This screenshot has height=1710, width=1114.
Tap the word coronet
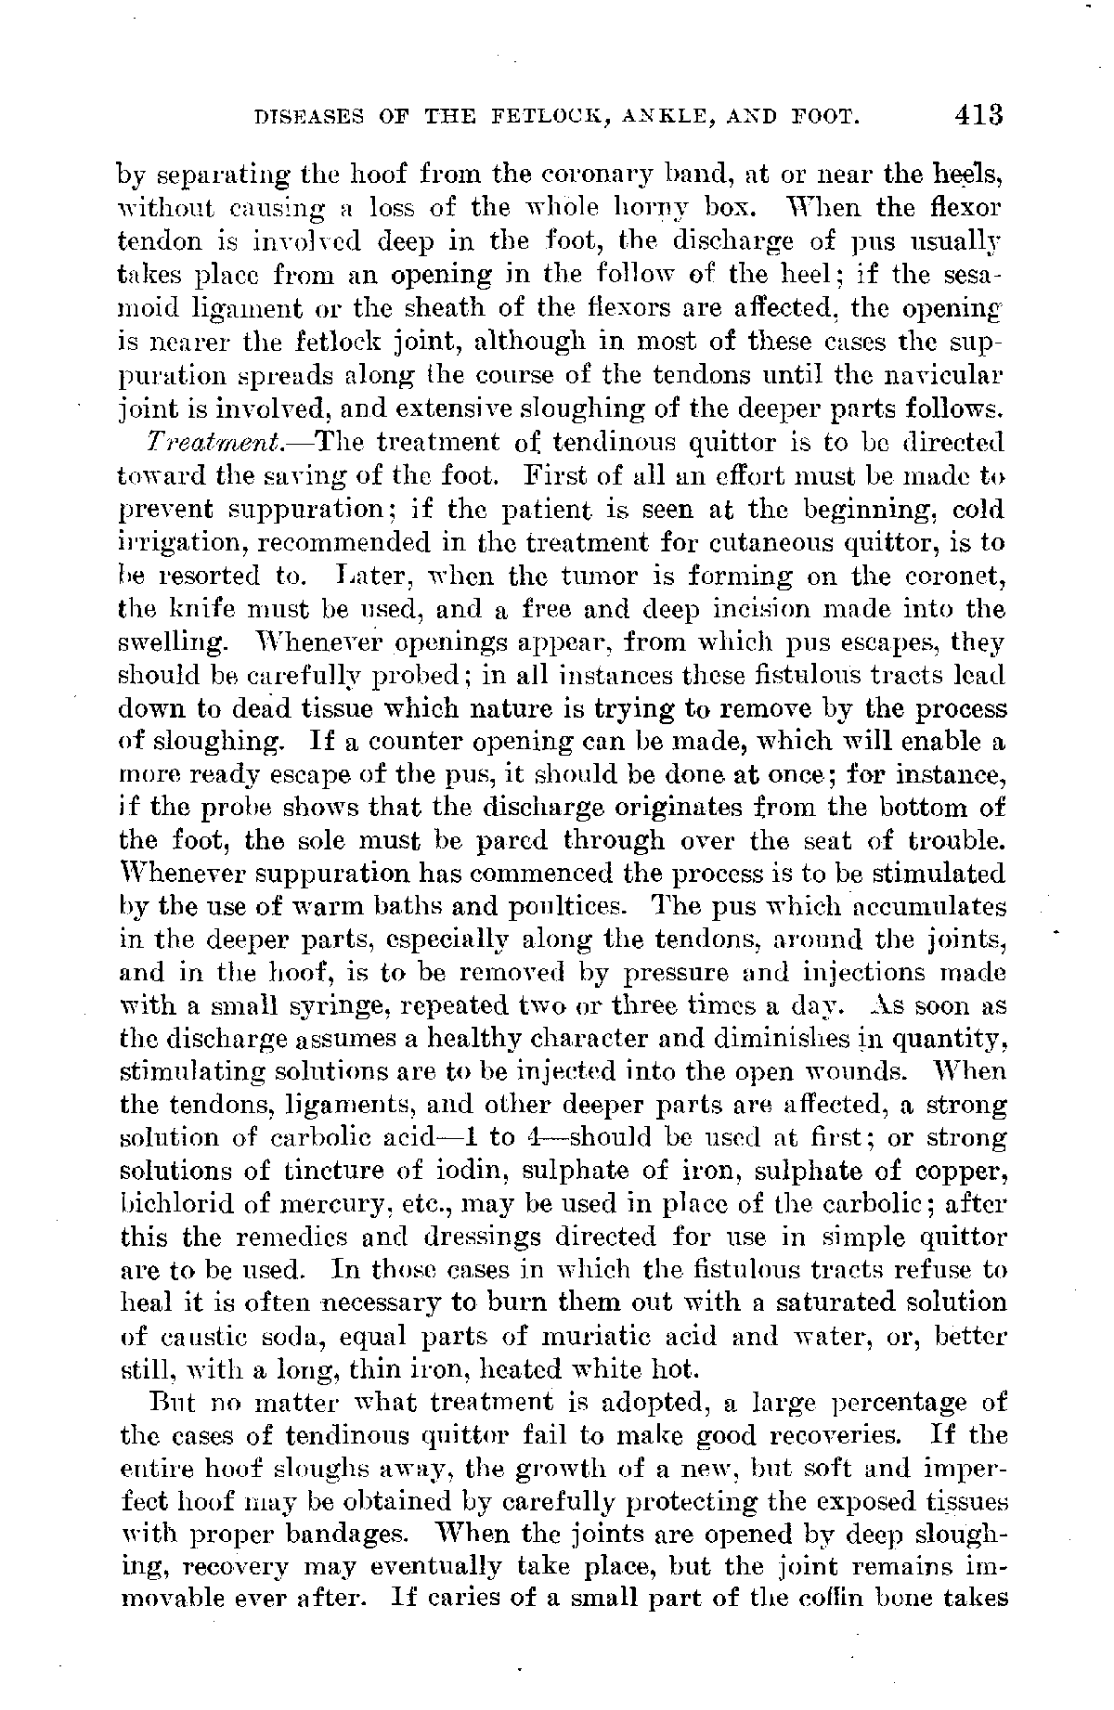coord(961,576)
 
